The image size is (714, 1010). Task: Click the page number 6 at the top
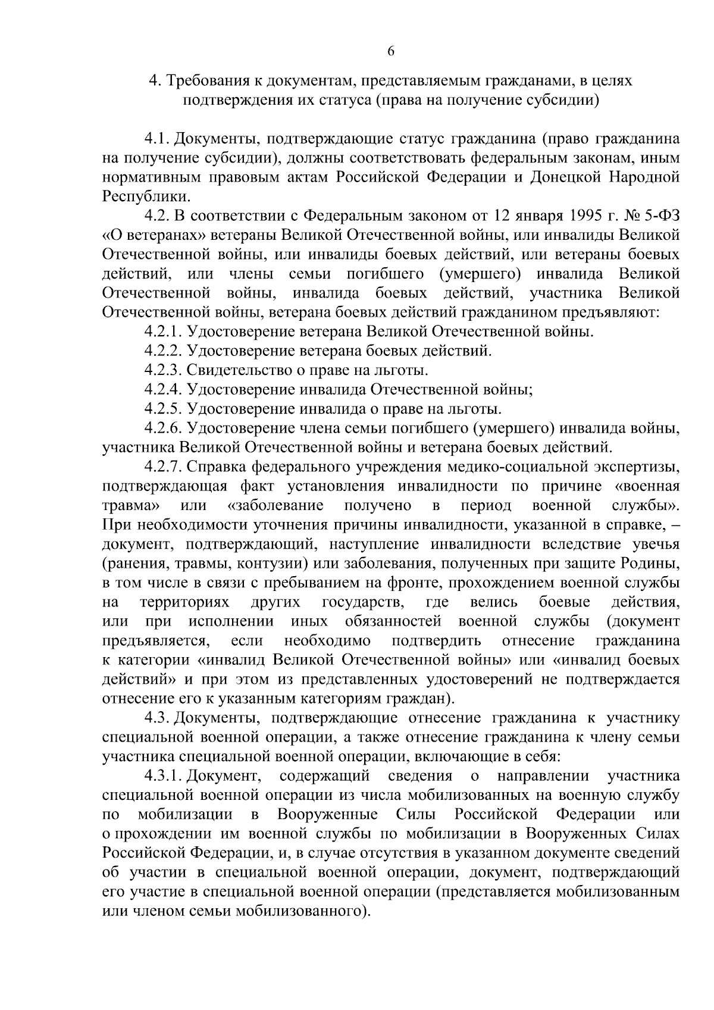click(391, 51)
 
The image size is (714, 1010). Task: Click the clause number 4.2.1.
click(162, 332)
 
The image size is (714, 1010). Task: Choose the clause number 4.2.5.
click(162, 409)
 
